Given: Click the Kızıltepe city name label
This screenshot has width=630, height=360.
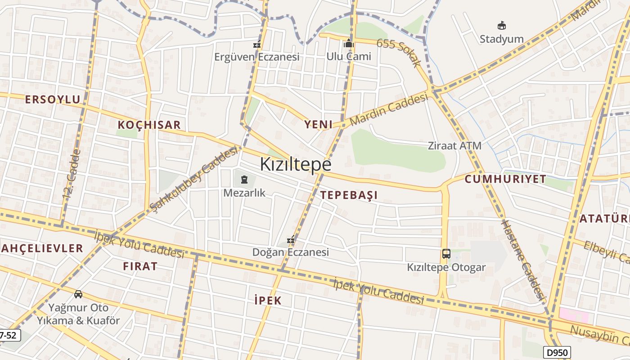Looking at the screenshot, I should (x=296, y=164).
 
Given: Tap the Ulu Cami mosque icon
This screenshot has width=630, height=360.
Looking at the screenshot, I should (x=349, y=44).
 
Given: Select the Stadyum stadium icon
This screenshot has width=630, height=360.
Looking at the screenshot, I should (x=502, y=26).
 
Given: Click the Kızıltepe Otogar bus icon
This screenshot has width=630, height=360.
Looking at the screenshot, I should (x=446, y=254).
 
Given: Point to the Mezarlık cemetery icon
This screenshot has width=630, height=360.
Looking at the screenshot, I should (x=244, y=180).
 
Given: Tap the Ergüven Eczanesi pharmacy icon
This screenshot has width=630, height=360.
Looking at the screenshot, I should (x=257, y=45).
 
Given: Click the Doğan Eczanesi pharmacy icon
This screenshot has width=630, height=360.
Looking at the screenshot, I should (x=291, y=239).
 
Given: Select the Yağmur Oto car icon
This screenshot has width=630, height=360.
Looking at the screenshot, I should (x=78, y=294).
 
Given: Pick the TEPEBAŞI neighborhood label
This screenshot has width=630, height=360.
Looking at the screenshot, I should (x=349, y=195).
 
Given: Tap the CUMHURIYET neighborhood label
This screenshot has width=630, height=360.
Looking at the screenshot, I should (x=505, y=179).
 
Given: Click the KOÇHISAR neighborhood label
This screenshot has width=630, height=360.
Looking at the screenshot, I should (x=149, y=125).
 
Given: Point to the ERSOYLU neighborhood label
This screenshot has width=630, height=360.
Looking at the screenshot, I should (x=53, y=99).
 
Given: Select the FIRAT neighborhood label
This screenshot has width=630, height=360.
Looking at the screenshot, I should (x=140, y=266).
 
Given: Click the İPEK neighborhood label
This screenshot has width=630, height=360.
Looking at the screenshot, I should (x=268, y=300).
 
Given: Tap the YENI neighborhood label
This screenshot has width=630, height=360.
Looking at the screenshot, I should (x=318, y=124).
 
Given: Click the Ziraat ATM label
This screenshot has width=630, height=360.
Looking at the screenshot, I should (x=454, y=146).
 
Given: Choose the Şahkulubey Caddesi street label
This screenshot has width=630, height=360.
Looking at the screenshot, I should (x=194, y=179).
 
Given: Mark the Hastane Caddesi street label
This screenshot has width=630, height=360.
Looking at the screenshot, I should (x=524, y=260).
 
